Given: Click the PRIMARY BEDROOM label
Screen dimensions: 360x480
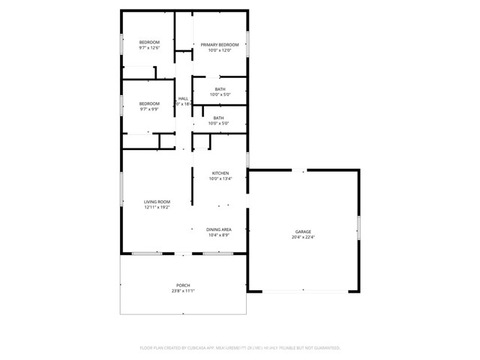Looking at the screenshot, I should click(220, 45).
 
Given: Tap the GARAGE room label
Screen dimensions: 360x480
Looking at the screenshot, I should click(302, 232).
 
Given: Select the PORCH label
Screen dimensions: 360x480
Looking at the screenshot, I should click(183, 285).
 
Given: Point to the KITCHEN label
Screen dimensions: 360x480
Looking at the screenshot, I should click(220, 173).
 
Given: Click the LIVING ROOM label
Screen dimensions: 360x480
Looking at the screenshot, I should click(157, 202).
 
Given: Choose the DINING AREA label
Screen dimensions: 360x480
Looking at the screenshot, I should click(219, 229).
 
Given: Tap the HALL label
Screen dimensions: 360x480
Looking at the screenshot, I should click(183, 99).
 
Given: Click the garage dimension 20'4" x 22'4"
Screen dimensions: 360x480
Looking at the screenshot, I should click(302, 238).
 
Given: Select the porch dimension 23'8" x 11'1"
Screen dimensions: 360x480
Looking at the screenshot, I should click(183, 291).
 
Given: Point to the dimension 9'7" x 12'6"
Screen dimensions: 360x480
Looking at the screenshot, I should click(149, 48).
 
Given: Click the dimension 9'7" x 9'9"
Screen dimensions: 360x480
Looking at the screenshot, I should click(149, 109).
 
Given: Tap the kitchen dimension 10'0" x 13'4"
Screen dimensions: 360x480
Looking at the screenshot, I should click(220, 179).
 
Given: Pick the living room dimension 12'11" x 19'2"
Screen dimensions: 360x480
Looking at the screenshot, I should click(157, 208).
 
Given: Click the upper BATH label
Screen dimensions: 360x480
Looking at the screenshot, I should click(220, 89).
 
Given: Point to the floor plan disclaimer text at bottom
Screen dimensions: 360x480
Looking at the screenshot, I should click(240, 348).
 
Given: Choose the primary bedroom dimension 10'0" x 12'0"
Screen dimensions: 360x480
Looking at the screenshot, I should click(220, 51).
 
